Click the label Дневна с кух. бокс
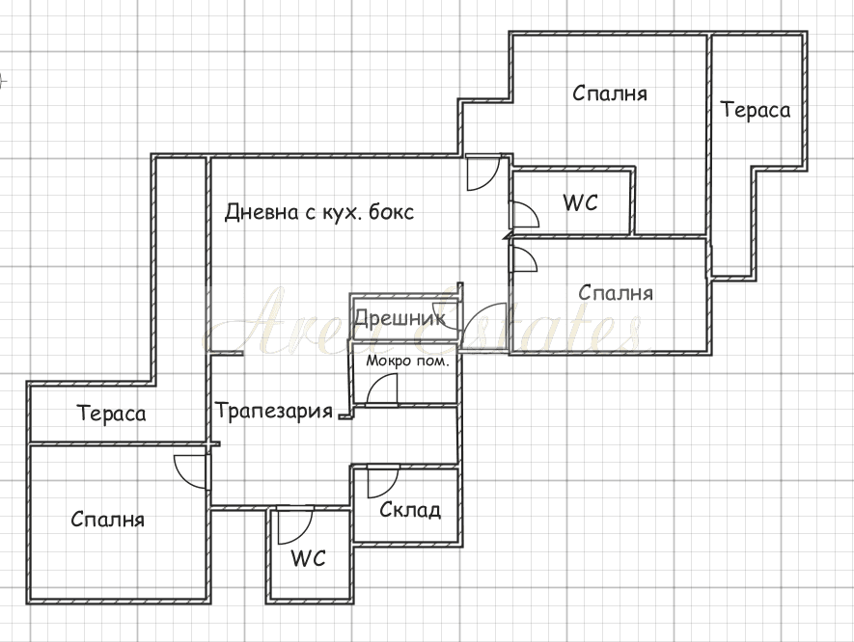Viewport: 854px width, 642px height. pyautogui.click(x=319, y=212)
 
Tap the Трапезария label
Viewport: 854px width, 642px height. pyautogui.click(x=273, y=411)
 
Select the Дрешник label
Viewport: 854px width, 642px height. pyautogui.click(x=399, y=318)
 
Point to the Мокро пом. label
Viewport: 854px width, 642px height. pyautogui.click(x=407, y=361)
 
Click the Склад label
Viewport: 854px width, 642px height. pyautogui.click(x=409, y=509)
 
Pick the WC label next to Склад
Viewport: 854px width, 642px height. pyautogui.click(x=308, y=558)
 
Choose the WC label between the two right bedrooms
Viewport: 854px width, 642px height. pyautogui.click(x=581, y=202)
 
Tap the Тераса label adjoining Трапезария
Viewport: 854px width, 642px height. pyautogui.click(x=112, y=413)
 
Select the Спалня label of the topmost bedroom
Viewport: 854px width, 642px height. pyautogui.click(x=610, y=94)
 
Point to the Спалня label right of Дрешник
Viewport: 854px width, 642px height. pyautogui.click(x=616, y=293)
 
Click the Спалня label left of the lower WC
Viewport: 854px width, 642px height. pyautogui.click(x=108, y=519)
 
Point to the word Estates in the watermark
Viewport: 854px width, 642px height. pyautogui.click(x=527, y=321)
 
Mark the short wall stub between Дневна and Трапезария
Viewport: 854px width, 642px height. pyautogui.click(x=227, y=354)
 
